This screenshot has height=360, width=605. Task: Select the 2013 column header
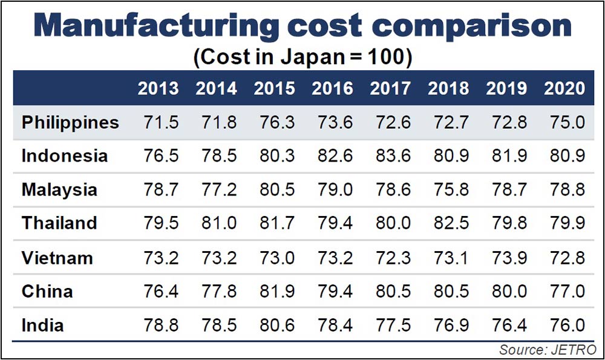click(x=159, y=88)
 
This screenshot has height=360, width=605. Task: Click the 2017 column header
click(x=390, y=88)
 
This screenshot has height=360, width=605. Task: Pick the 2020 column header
click(x=564, y=88)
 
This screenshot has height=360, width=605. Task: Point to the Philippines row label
click(x=70, y=122)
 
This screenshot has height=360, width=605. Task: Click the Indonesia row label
click(x=65, y=155)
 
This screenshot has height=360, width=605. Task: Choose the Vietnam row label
click(x=57, y=258)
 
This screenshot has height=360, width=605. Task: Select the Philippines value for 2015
click(x=274, y=122)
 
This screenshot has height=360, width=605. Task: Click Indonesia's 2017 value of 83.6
click(x=390, y=155)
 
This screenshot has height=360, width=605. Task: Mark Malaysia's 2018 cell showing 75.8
click(x=448, y=189)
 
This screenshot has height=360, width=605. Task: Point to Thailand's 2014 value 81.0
click(x=216, y=223)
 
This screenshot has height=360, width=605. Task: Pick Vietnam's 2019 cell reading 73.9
click(x=506, y=258)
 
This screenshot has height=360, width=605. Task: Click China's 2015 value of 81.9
click(x=274, y=292)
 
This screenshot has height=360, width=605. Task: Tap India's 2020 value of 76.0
click(x=564, y=325)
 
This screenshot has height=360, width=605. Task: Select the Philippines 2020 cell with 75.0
click(x=564, y=122)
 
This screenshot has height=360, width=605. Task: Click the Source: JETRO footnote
click(x=548, y=349)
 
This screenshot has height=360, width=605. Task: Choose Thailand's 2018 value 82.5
click(x=448, y=223)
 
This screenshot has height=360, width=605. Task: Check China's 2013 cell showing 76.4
click(x=159, y=292)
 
